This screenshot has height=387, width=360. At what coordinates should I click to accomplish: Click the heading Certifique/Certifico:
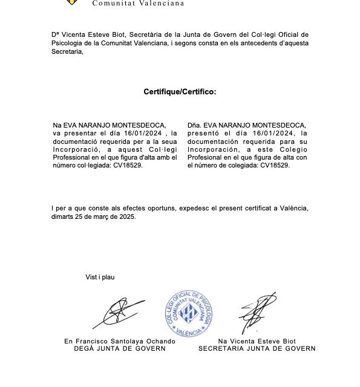pos(180,92)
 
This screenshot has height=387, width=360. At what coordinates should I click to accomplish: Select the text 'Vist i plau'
pos(100,277)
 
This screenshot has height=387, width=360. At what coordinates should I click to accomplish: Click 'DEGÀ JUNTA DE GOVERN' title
pos(120,348)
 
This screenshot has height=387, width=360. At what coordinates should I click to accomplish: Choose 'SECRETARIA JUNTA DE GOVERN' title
pos(257,348)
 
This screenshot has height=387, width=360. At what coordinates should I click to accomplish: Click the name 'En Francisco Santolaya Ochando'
pos(120,341)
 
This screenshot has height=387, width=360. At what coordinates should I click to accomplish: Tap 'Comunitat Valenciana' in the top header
pos(138,3)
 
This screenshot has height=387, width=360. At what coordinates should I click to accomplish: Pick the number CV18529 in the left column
pos(128,165)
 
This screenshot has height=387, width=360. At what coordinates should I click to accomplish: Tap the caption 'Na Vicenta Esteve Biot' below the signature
pos(257,341)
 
